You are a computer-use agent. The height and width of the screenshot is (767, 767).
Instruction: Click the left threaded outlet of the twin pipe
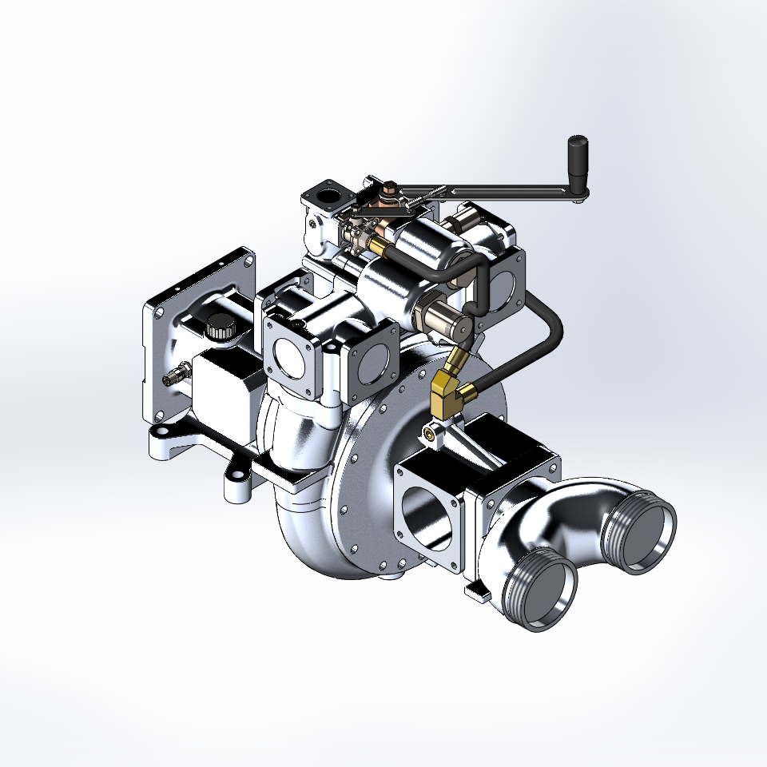coord(544,587)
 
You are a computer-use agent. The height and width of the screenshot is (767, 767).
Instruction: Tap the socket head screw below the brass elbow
coord(432,433)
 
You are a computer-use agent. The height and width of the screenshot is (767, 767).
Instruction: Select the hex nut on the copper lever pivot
coord(389,190)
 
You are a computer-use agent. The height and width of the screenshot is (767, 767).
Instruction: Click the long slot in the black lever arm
coord(487,190)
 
